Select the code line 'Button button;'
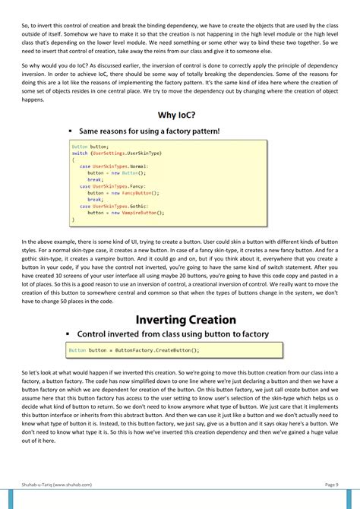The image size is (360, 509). click(90, 146)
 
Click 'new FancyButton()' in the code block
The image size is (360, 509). click(140, 193)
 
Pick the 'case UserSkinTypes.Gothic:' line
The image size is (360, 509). click(114, 207)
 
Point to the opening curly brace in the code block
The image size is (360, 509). click(74, 160)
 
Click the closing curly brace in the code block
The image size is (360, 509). click(74, 220)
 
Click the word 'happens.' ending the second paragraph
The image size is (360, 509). click(33, 100)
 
